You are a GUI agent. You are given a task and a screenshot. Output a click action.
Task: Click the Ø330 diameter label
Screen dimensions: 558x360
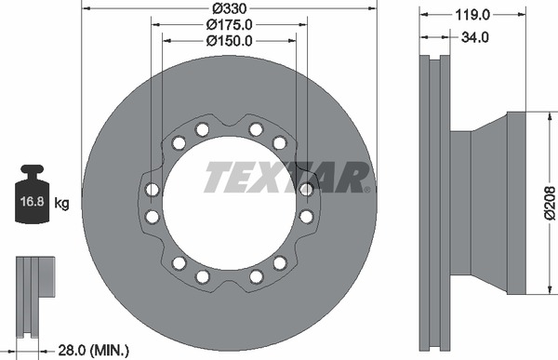[x=229, y=7]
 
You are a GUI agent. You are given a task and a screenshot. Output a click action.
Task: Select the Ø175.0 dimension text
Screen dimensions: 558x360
[x=229, y=24]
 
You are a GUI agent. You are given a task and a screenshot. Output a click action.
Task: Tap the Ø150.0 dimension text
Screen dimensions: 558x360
[x=229, y=41]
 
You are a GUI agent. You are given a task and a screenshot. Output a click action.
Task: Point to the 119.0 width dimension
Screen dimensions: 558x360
[x=472, y=15]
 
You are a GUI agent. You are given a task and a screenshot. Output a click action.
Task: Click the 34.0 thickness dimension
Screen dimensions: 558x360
[x=474, y=37]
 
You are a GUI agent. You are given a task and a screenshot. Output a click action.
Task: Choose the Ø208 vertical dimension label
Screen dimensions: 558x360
[x=551, y=204]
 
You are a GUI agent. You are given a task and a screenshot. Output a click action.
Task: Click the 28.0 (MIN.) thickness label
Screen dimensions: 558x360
[x=93, y=351]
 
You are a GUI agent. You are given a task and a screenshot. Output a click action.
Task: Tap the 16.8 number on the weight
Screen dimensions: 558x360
[x=32, y=202]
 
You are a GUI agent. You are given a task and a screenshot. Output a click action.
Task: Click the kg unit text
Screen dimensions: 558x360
[x=62, y=204]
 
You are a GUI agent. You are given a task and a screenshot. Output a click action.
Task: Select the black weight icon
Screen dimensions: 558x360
[x=32, y=194]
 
